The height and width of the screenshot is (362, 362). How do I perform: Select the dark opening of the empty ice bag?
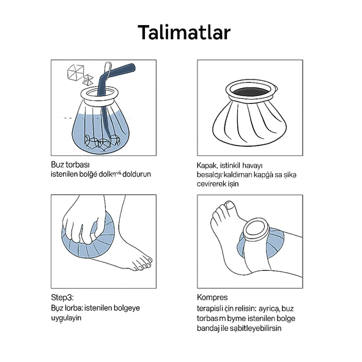click(250, 90)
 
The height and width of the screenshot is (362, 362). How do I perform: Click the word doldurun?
click(137, 174)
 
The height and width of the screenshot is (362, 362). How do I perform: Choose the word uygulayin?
click(67, 318)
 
